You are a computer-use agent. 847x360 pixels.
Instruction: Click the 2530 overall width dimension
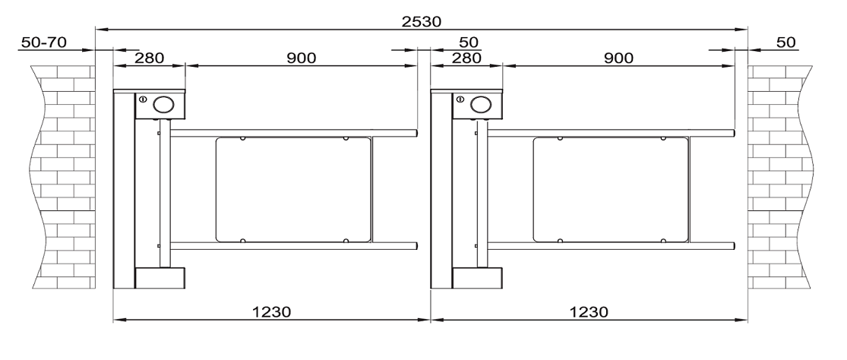pos(422,21)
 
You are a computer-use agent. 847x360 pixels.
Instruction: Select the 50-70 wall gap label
pos(44,42)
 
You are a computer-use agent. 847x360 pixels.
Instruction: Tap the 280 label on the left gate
pos(149,58)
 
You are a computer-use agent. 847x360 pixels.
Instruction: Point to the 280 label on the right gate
pos(466,58)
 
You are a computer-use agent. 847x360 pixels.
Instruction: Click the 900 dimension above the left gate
pos(301,58)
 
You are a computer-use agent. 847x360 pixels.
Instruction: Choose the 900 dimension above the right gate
pos(618,58)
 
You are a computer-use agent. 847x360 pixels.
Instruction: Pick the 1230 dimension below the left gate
pos(272,311)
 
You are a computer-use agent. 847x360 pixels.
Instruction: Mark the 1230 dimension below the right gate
pos(589,311)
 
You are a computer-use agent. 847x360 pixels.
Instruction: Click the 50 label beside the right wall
pos(786,42)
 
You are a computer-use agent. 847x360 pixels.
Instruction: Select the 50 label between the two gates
pos(469,42)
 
